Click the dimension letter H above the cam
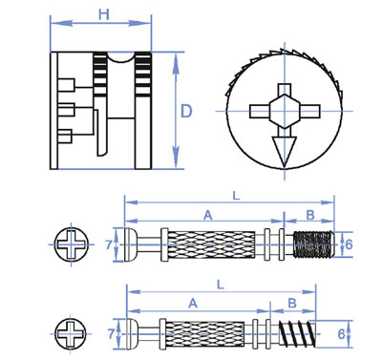click(x=104, y=14)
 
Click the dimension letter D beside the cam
click(x=186, y=112)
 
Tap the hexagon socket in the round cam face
click(x=285, y=111)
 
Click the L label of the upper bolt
click(x=236, y=196)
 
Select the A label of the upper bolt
click(x=207, y=215)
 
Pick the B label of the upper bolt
click(x=310, y=215)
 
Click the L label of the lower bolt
click(x=221, y=285)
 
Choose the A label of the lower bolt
click(x=193, y=304)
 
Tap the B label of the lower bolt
click(x=292, y=303)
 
